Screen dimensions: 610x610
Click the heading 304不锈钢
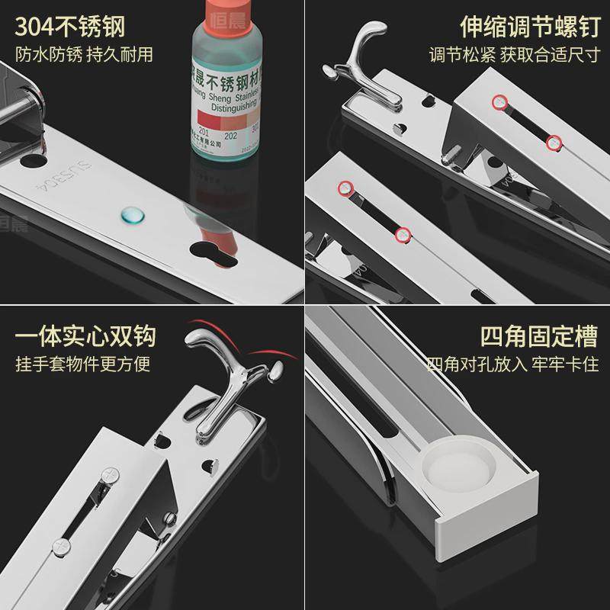coord(70,28)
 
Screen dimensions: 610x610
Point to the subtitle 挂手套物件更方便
coord(83,364)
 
